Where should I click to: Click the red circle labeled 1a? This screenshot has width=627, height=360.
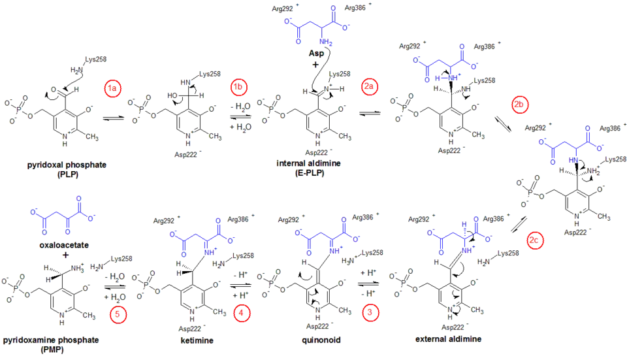coord(112,88)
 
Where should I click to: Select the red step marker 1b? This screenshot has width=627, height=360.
coord(239,88)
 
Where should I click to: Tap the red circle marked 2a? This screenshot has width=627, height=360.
coord(370,88)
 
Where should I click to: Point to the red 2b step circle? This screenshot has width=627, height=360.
coord(520,105)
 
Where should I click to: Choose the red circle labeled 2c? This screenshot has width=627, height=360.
coord(535,241)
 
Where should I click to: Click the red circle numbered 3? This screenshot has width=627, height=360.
coord(371,313)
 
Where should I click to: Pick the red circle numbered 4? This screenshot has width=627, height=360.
coord(242,313)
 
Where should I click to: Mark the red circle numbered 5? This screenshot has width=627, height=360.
coord(118,315)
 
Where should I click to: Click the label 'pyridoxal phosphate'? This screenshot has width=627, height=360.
coord(67,166)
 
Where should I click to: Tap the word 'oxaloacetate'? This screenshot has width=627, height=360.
coord(63,245)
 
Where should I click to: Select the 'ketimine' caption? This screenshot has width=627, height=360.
coord(195,340)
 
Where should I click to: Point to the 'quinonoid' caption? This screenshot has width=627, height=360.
coord(320,340)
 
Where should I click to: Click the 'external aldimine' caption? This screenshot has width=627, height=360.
coord(448,340)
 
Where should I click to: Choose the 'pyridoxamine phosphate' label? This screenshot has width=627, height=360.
coord(52,340)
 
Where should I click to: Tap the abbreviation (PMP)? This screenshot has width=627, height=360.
coord(52,350)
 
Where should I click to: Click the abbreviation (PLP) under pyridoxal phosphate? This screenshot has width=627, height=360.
coord(67,175)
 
